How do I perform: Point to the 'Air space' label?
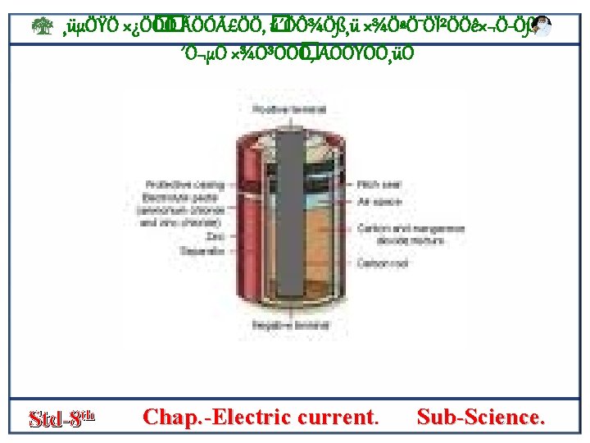373,201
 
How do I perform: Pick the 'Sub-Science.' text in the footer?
479,417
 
